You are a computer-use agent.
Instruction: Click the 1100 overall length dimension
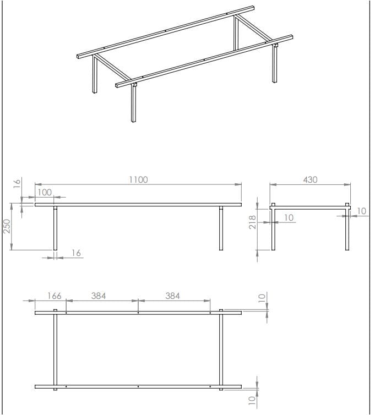(x=138, y=180)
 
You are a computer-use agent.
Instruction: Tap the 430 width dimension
(x=310, y=180)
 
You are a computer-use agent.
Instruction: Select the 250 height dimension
(x=7, y=226)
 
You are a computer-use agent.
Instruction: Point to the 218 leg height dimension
(x=252, y=222)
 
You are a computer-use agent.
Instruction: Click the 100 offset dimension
(x=45, y=193)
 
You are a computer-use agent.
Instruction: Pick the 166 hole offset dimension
(x=55, y=296)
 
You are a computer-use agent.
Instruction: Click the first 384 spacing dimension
(x=99, y=296)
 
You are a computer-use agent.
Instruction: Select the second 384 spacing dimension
(x=172, y=296)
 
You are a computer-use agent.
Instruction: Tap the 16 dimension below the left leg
(x=76, y=253)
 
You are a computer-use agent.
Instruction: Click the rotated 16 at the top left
(x=17, y=183)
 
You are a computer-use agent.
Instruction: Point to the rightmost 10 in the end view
(x=361, y=211)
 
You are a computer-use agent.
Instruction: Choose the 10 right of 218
(x=289, y=217)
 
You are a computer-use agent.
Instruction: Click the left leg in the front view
(x=55, y=228)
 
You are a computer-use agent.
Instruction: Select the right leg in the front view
(x=221, y=228)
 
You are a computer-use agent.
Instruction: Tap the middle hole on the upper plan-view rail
(x=138, y=313)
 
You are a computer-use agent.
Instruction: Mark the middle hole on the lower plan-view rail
(x=138, y=387)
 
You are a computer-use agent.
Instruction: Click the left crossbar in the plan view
(x=55, y=350)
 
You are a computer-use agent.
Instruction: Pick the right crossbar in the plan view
(x=221, y=350)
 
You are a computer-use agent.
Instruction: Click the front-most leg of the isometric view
(x=134, y=103)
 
